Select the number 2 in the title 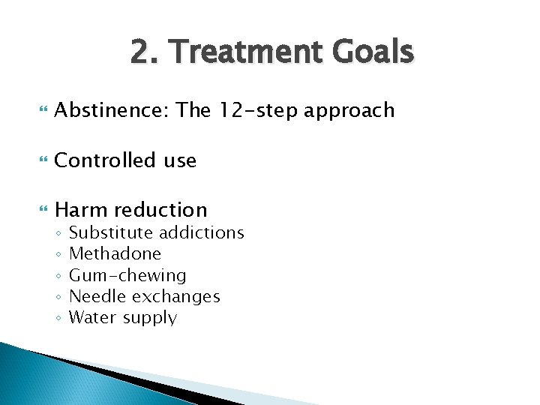click(139, 52)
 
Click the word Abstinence click(111, 110)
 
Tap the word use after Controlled click(177, 160)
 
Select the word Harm click(79, 210)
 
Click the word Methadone click(115, 253)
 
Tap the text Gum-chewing click(127, 276)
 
